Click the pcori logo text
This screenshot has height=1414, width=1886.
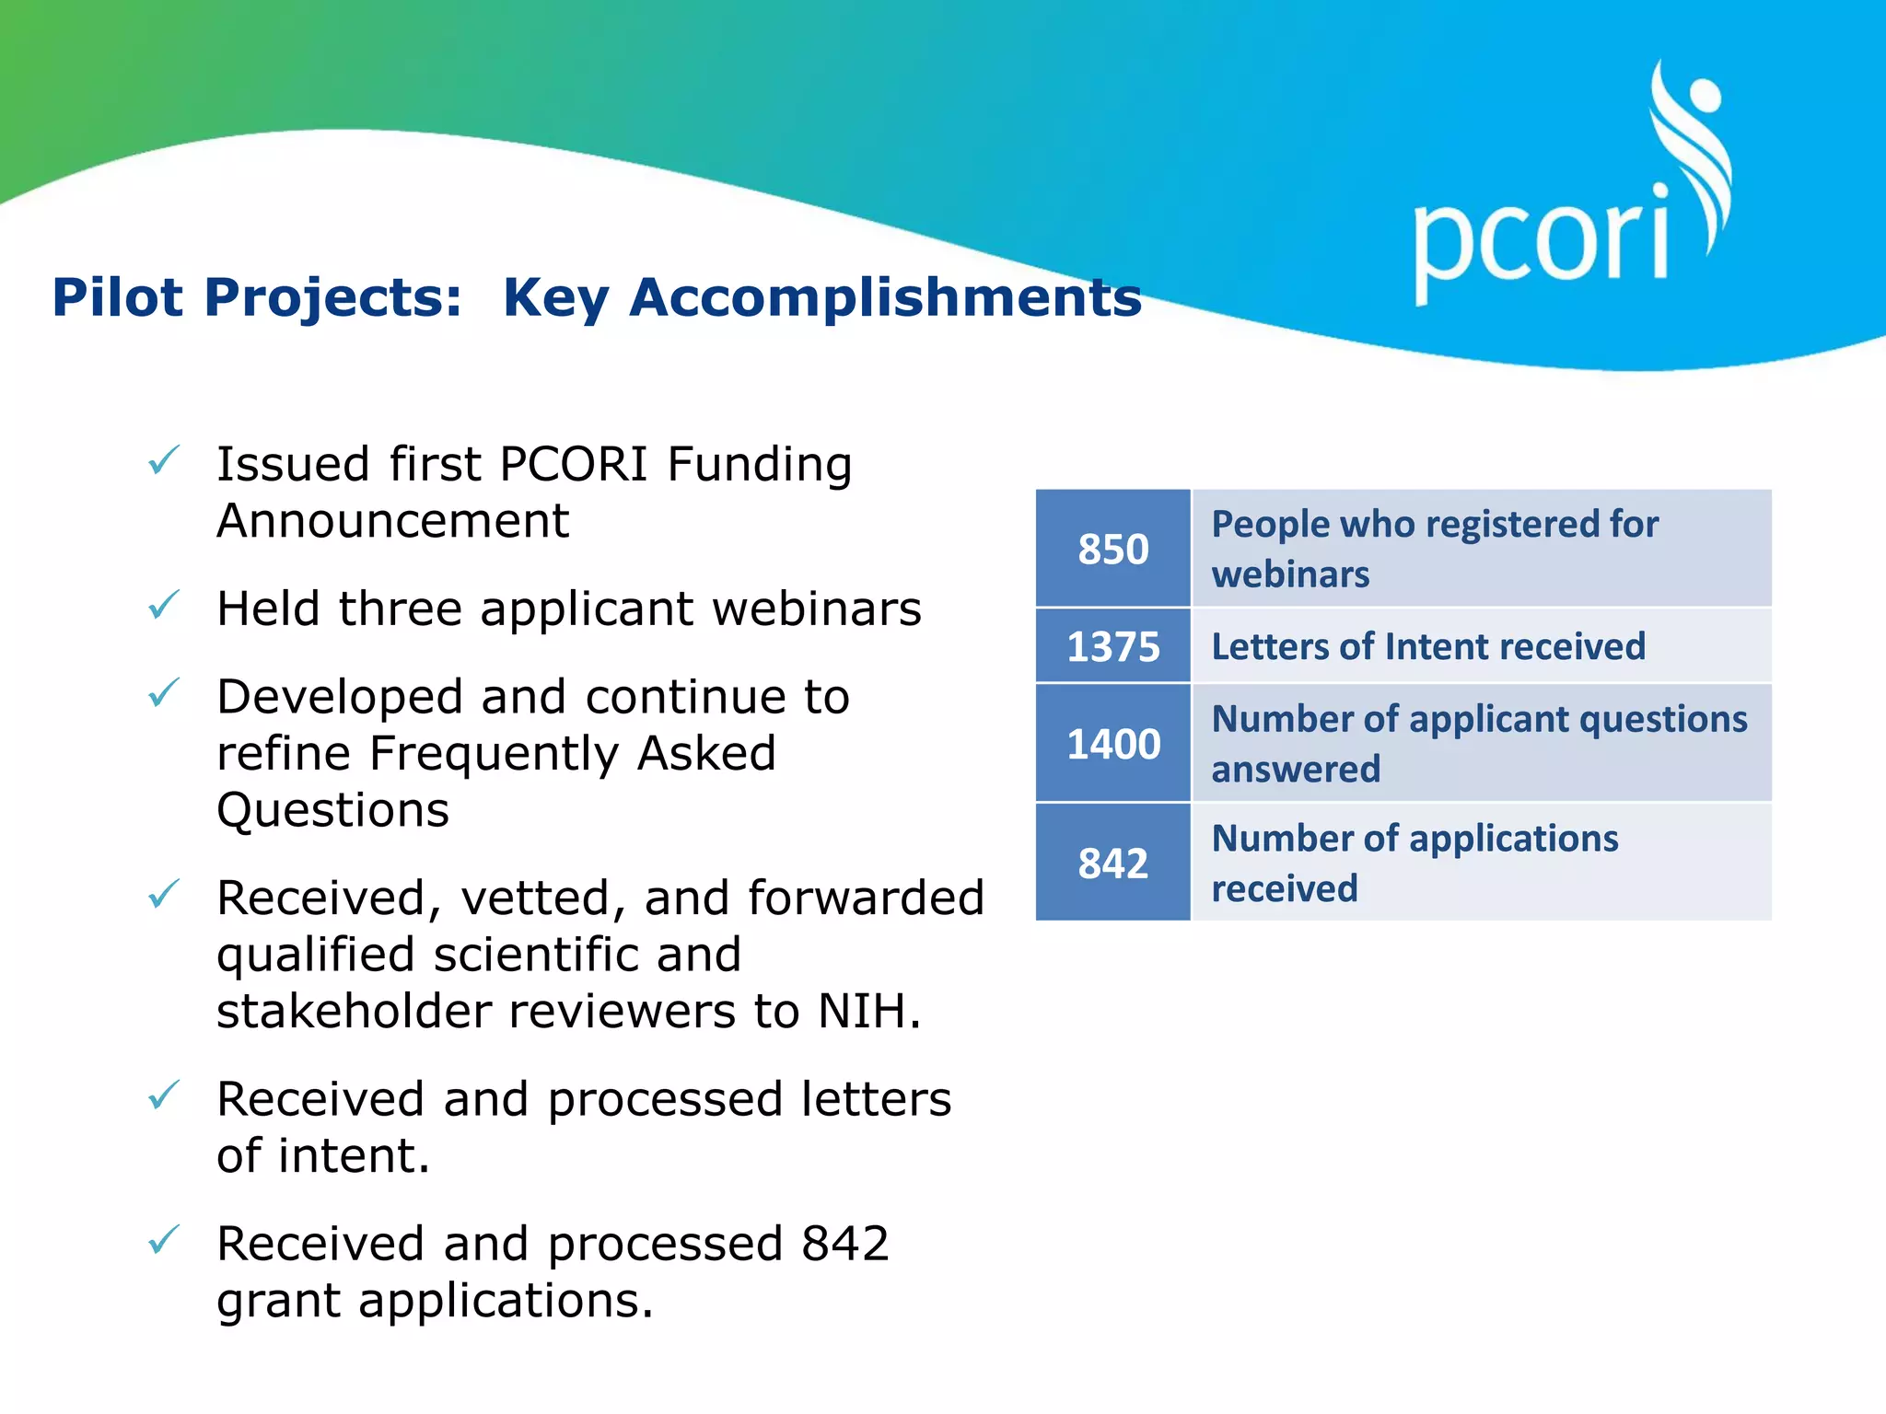(1540, 241)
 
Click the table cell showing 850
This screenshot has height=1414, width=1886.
(1112, 550)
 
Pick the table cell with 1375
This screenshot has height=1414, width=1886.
(1112, 646)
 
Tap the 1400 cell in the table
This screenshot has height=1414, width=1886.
(1112, 744)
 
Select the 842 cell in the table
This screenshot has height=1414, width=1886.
(1112, 863)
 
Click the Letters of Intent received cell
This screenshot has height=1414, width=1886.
(1481, 646)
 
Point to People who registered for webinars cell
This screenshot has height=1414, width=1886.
(1481, 550)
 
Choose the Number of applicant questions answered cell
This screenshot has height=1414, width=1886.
(1481, 744)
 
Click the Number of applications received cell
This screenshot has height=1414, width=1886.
(1481, 863)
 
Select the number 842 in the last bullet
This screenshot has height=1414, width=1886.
(844, 1245)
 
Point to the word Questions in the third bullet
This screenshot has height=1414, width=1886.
(332, 811)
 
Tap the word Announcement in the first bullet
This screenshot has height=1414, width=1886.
(392, 522)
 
